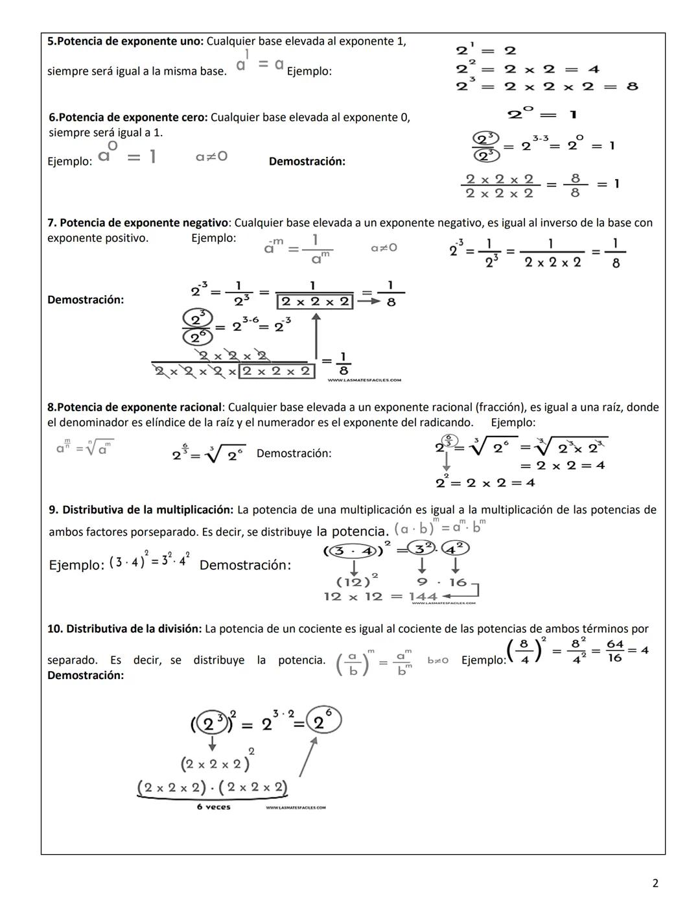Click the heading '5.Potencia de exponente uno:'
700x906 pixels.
click(x=126, y=42)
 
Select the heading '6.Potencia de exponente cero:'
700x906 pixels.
click(x=128, y=117)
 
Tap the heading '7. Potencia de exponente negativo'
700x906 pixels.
click(x=138, y=222)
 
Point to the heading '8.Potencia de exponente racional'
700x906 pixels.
click(x=134, y=407)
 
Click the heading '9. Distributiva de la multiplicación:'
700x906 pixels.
click(x=141, y=510)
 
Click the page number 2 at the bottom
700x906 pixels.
click(x=655, y=883)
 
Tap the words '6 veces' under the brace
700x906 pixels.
click(x=214, y=807)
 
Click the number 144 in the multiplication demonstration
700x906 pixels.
click(x=423, y=597)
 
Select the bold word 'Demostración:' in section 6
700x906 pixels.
click(x=307, y=161)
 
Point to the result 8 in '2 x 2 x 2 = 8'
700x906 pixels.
click(x=632, y=86)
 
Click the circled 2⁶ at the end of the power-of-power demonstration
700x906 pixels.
click(x=324, y=720)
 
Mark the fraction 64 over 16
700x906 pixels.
click(x=614, y=651)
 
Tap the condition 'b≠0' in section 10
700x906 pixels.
click(x=437, y=660)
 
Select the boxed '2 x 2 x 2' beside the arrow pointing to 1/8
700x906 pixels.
click(x=315, y=302)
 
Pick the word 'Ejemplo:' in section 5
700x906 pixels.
click(x=309, y=71)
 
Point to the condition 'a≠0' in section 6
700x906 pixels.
click(x=212, y=156)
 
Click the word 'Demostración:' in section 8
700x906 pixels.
click(x=294, y=453)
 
